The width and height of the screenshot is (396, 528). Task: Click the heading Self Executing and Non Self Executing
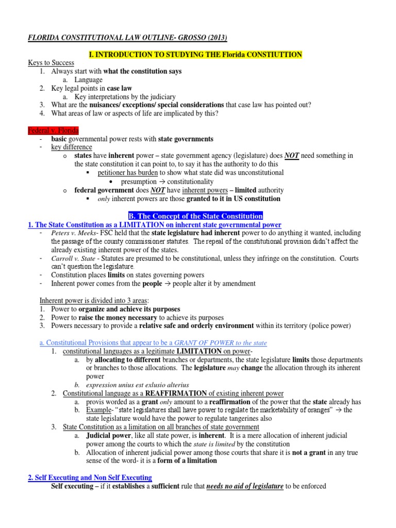point(90,477)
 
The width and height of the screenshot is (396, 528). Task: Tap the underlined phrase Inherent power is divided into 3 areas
point(96,301)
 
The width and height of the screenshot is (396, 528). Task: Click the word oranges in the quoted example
point(322,410)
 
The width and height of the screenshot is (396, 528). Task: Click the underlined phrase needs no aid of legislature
point(245,486)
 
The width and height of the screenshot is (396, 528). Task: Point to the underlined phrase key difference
point(71,147)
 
